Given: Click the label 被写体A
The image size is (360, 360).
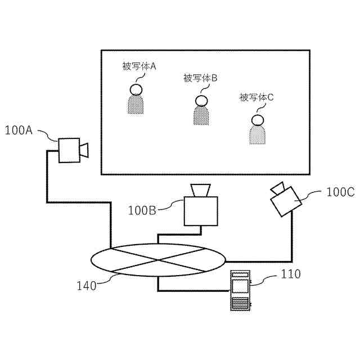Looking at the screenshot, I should [x=138, y=66].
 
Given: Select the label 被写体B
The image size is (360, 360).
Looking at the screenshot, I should [x=200, y=78].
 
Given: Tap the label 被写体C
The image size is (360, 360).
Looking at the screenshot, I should [x=256, y=97].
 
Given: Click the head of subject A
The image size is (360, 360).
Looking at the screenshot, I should [x=136, y=89].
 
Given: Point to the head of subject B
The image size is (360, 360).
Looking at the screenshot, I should [x=201, y=101].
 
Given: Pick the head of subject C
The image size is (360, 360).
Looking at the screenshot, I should [x=257, y=120].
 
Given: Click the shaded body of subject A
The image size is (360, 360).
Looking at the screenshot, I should [x=136, y=105].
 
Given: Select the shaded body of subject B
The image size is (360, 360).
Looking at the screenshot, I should [x=201, y=116].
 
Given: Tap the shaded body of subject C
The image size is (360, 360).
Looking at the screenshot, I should [x=257, y=135].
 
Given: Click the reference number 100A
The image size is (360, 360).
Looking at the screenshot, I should [x=19, y=131].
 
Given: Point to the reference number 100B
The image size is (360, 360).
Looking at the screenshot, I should [x=142, y=211].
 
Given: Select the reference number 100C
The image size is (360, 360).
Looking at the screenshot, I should [x=340, y=192].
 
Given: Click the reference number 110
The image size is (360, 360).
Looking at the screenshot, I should [x=290, y=274].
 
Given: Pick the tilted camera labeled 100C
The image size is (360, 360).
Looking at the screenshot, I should [x=285, y=199].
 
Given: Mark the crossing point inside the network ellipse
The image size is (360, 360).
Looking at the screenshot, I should [x=157, y=260].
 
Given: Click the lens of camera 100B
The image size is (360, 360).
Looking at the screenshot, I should [x=201, y=190].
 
